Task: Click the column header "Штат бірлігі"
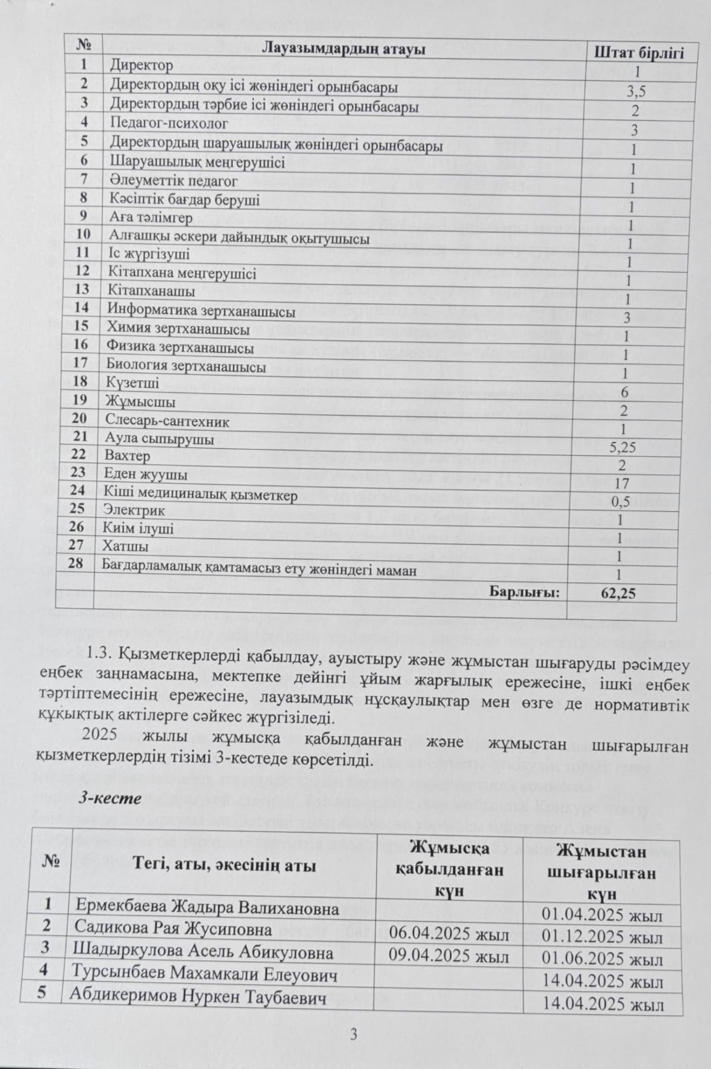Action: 639,52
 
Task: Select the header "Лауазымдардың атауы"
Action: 343,48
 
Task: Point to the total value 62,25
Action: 617,592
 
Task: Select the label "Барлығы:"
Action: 525,591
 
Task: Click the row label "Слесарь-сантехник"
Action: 167,421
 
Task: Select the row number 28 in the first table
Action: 77,563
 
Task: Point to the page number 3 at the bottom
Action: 354,1035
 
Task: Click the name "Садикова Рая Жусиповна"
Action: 173,929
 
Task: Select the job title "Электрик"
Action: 134,510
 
